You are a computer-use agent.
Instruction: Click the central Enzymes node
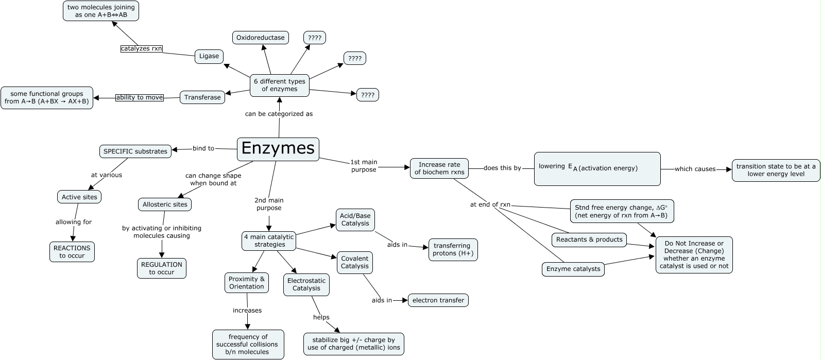pyautogui.click(x=278, y=149)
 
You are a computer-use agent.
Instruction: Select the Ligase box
pyautogui.click(x=209, y=56)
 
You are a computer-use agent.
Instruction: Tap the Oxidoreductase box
pyautogui.click(x=261, y=38)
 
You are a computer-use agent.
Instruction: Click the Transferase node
pyautogui.click(x=202, y=97)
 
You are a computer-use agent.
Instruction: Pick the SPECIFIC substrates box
pyautogui.click(x=135, y=151)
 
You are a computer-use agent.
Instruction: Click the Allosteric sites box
pyautogui.click(x=165, y=204)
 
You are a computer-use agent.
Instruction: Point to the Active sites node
pyautogui.click(x=79, y=197)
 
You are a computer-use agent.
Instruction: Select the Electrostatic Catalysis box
pyautogui.click(x=306, y=284)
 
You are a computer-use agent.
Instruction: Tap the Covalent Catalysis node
pyautogui.click(x=354, y=262)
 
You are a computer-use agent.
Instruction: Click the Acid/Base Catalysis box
pyautogui.click(x=355, y=219)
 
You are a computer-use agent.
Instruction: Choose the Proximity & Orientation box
pyautogui.click(x=247, y=283)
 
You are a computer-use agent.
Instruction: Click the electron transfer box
pyautogui.click(x=438, y=300)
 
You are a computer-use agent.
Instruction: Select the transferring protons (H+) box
pyautogui.click(x=453, y=249)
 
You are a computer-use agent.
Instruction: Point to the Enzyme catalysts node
pyautogui.click(x=573, y=269)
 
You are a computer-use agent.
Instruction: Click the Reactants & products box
pyautogui.click(x=589, y=239)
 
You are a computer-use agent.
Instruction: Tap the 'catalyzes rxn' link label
pyautogui.click(x=141, y=48)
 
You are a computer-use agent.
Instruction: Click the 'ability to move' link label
pyautogui.click(x=139, y=97)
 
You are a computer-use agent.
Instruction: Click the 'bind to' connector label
pyautogui.click(x=203, y=148)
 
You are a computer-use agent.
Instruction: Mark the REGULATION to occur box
pyautogui.click(x=162, y=268)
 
